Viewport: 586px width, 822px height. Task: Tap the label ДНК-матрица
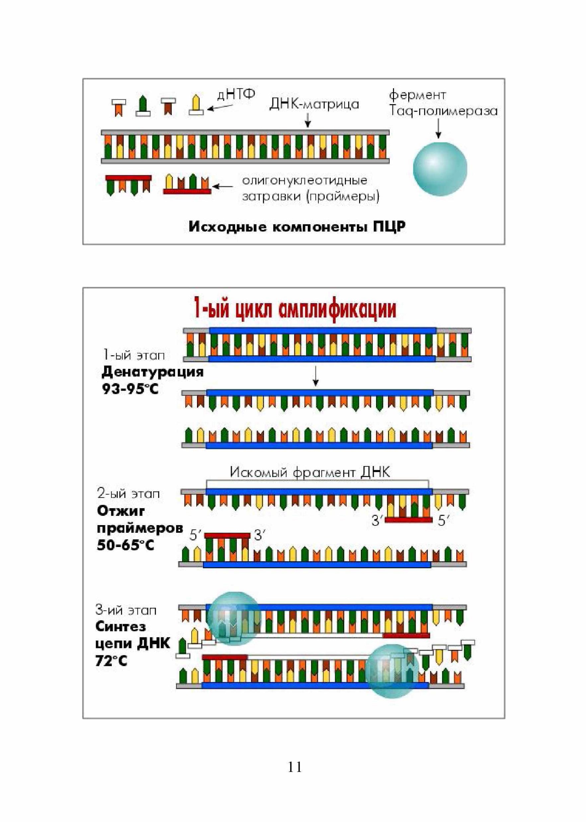click(314, 105)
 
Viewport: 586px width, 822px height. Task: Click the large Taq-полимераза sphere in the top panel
click(440, 169)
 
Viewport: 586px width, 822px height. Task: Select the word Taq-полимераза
click(443, 111)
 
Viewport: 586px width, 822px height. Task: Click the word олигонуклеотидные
click(305, 180)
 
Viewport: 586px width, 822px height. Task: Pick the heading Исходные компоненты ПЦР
click(297, 227)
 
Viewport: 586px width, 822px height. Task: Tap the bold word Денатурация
click(152, 372)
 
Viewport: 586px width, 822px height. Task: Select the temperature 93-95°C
click(130, 389)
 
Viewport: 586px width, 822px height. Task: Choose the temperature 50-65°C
click(126, 545)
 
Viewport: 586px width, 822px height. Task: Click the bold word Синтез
click(121, 626)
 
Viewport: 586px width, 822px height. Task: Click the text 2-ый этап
click(128, 494)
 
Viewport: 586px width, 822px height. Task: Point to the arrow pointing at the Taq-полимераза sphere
click(439, 129)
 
